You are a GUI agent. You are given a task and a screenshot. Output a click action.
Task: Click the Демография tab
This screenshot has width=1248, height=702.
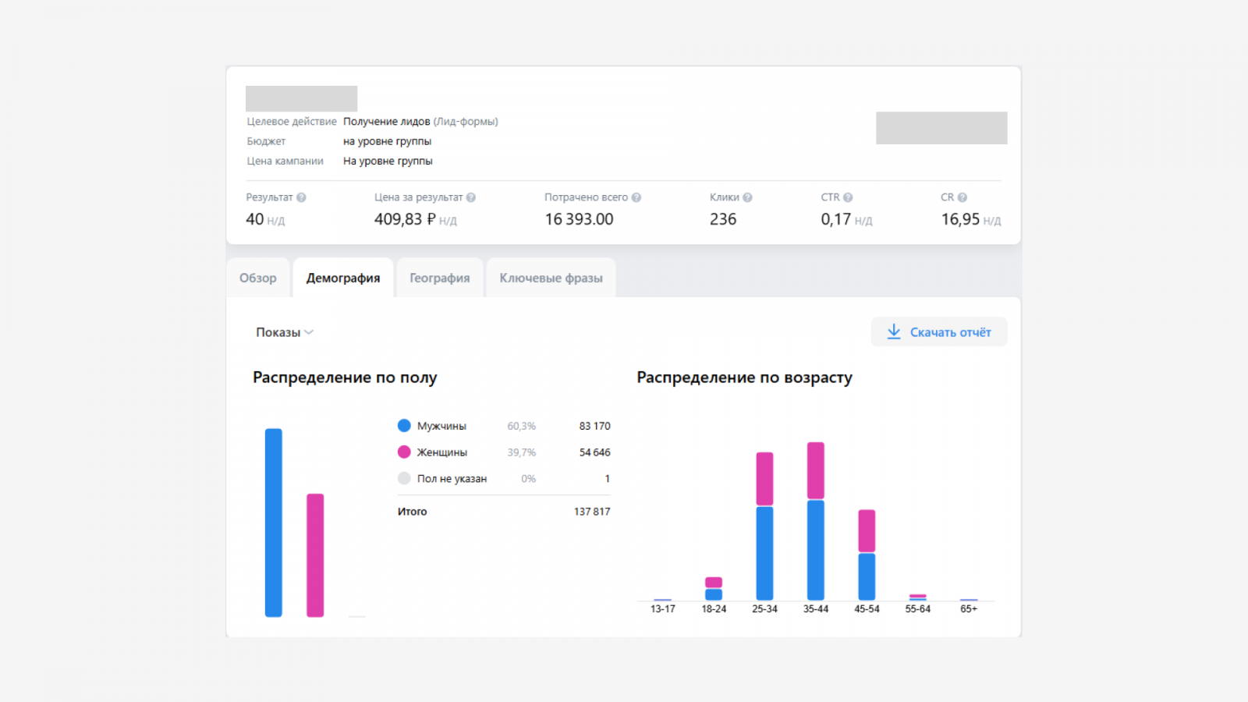coord(343,278)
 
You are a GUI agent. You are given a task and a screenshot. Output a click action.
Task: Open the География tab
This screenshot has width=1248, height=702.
coord(440,278)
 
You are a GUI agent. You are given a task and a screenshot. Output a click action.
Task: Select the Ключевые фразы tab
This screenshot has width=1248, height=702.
coord(551,278)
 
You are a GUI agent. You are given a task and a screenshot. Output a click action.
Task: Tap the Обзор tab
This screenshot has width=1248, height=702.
coord(258,278)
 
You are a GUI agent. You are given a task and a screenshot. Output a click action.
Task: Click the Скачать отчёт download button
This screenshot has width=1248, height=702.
coord(939,332)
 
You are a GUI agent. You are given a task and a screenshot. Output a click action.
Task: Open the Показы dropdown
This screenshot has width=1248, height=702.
coord(285,332)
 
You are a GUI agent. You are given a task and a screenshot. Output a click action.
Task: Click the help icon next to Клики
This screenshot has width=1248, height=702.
coord(748,197)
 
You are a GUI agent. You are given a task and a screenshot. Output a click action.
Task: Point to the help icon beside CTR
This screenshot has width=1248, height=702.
coord(848,197)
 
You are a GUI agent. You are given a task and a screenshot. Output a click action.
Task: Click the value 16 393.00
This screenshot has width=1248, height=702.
coord(579,219)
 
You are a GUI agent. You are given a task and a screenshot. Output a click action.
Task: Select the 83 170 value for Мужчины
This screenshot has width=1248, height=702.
coord(594,426)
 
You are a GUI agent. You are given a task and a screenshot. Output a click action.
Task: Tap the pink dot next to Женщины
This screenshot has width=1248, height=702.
coord(404,452)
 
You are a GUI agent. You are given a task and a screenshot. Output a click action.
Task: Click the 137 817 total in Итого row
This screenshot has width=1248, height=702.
coord(592,512)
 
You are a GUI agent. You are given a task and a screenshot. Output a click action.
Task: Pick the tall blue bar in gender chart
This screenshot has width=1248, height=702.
coord(274,523)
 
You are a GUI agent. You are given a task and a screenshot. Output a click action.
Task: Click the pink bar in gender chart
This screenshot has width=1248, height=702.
coord(315,555)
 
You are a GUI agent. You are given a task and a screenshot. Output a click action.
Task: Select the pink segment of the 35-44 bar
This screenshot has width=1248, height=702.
coord(816,471)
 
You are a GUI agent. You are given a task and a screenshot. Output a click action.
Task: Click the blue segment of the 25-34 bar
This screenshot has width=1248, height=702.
coord(764,553)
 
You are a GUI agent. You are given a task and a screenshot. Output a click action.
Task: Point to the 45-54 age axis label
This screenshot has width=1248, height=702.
coord(867,609)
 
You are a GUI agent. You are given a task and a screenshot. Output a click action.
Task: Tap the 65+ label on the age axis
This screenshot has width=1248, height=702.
coord(969,609)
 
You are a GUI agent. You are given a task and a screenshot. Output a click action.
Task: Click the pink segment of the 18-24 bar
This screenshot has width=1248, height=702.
coord(714,583)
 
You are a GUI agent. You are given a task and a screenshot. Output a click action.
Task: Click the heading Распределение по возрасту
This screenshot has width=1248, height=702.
coord(744,378)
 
